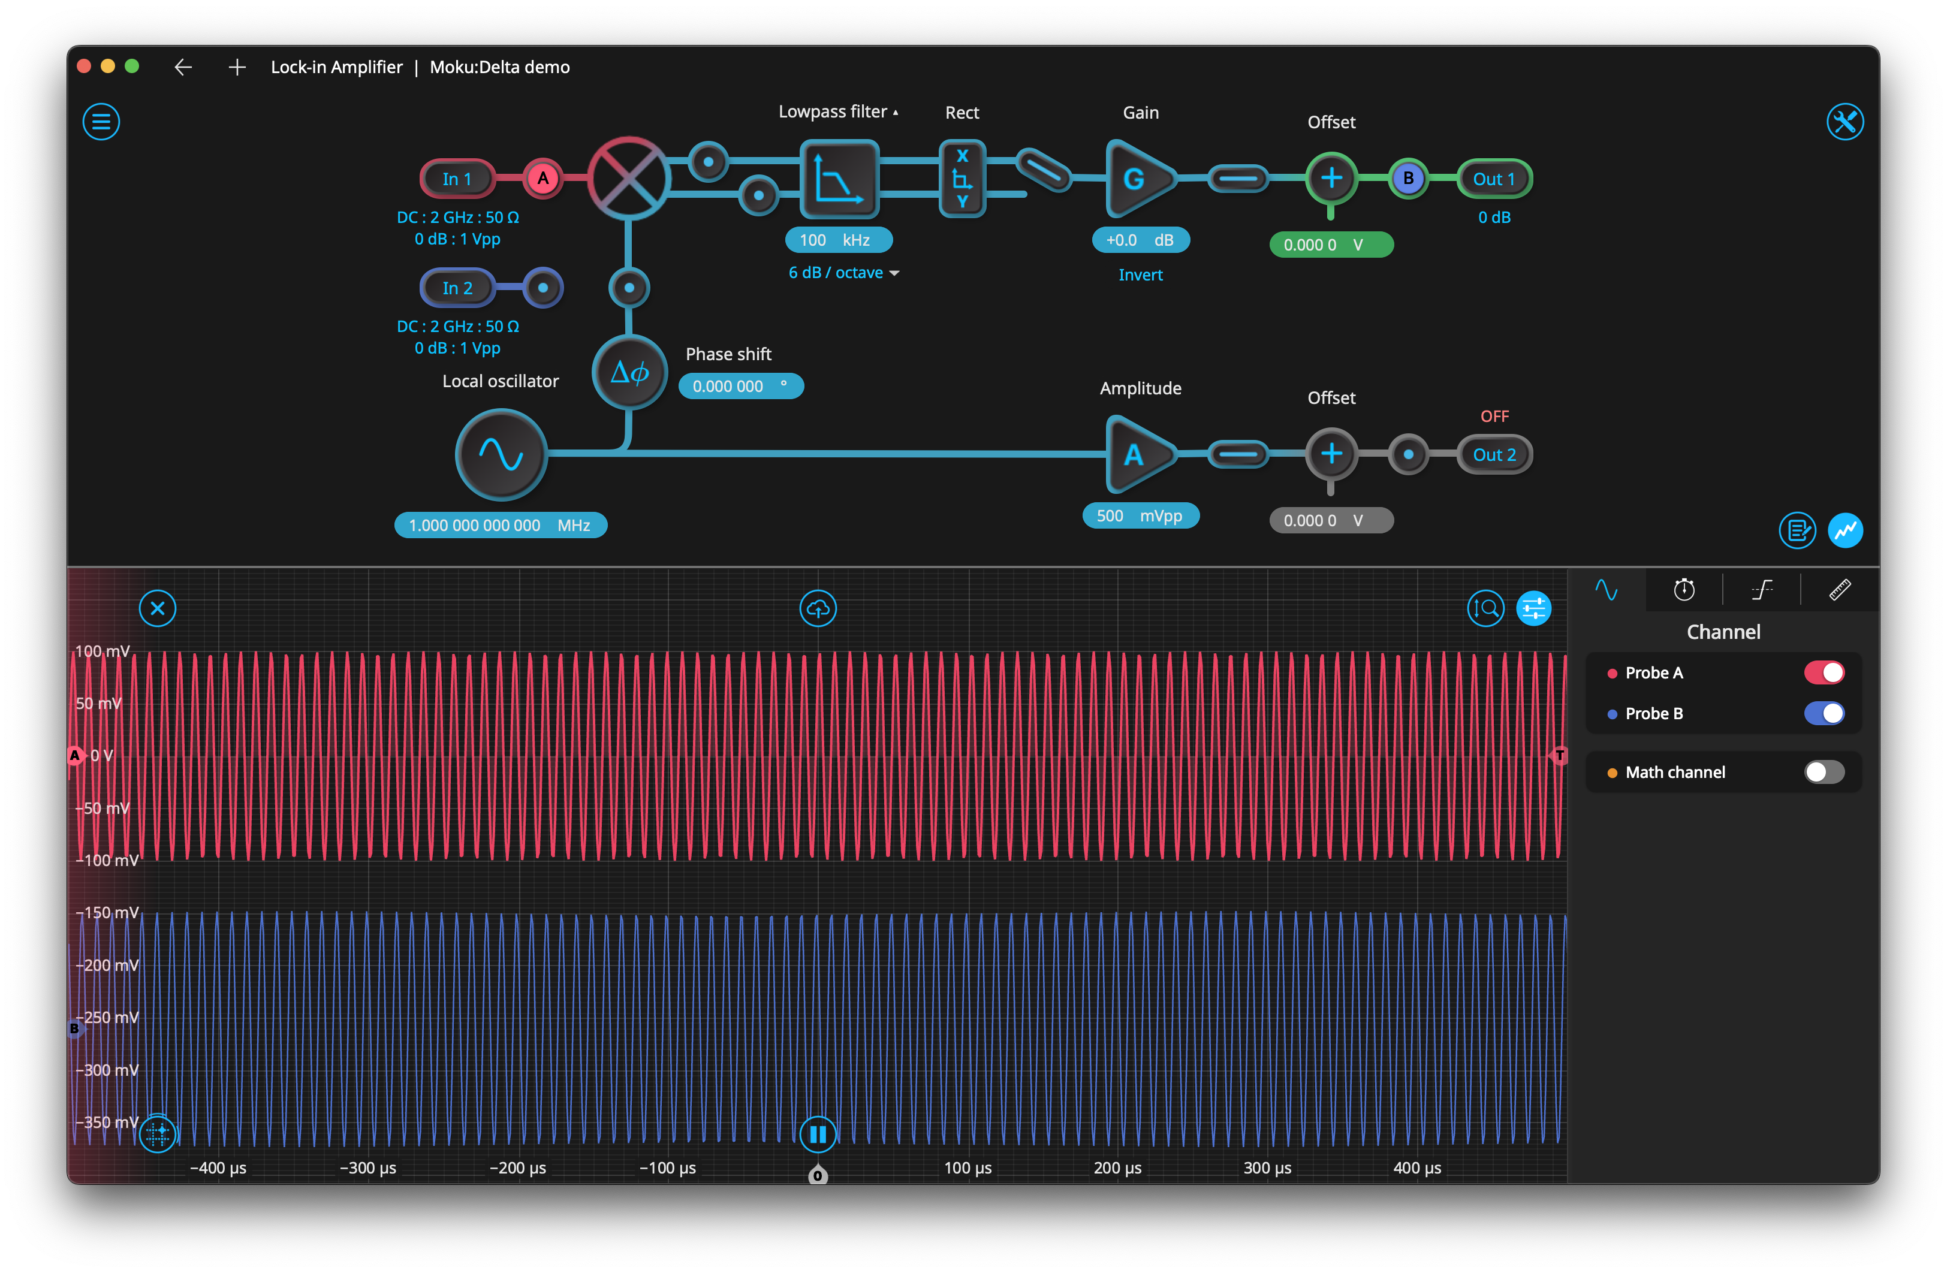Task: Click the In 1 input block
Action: (457, 179)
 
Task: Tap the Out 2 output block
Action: (1494, 454)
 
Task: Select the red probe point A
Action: (542, 179)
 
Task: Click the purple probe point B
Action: (1408, 179)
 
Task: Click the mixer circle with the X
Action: (628, 179)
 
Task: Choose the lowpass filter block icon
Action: (839, 179)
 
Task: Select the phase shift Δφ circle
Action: (629, 372)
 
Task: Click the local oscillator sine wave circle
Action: (501, 454)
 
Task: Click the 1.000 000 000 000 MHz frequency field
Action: (501, 525)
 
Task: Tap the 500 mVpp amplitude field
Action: (1140, 515)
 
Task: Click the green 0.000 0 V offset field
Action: (1331, 245)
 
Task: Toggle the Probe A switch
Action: (1824, 672)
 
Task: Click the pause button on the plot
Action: (817, 1134)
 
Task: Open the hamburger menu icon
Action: (101, 122)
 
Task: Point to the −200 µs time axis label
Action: (518, 1168)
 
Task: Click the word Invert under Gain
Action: (1140, 275)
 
